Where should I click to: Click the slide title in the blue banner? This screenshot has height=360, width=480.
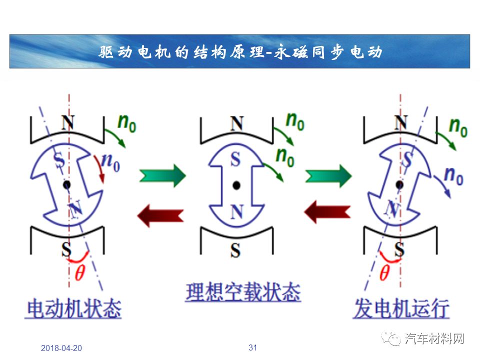click(x=240, y=51)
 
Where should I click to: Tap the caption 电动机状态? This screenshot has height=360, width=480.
click(x=74, y=308)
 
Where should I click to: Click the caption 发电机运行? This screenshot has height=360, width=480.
click(x=401, y=308)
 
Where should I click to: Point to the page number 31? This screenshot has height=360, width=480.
click(x=252, y=347)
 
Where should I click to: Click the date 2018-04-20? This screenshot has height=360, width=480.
click(x=61, y=348)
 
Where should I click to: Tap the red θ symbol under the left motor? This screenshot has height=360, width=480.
click(x=79, y=272)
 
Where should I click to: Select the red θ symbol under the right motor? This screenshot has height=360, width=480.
click(x=384, y=272)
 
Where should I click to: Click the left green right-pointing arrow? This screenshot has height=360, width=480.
click(x=162, y=175)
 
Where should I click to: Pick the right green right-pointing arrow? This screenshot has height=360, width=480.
click(x=328, y=175)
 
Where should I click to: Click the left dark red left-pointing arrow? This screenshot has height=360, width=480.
click(x=160, y=215)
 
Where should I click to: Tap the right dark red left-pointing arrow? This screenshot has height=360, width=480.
click(x=327, y=211)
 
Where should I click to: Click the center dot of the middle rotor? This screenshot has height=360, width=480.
click(x=236, y=185)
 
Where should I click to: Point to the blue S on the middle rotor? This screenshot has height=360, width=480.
click(x=235, y=159)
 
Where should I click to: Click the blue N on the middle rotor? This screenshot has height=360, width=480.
click(x=236, y=212)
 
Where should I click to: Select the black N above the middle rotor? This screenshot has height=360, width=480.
click(x=236, y=123)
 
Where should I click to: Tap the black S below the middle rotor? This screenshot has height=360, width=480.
click(x=235, y=250)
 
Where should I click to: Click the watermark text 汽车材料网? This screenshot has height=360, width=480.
click(x=434, y=338)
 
